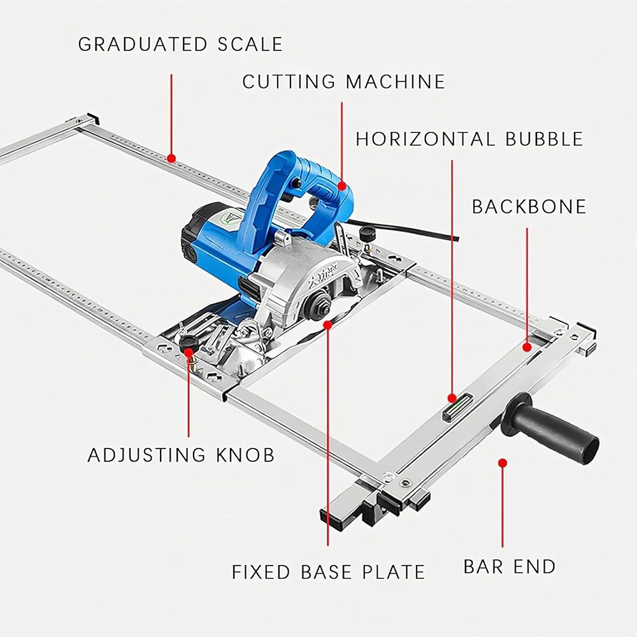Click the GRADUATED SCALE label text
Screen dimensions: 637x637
(180, 44)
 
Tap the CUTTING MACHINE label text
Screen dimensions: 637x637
(343, 82)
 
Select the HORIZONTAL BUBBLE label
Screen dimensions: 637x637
(469, 139)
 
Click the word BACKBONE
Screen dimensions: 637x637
(529, 206)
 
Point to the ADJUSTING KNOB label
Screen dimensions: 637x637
(181, 455)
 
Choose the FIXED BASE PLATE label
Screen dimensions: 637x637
(328, 571)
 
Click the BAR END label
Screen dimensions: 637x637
(510, 566)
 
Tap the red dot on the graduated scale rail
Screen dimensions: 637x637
(171, 157)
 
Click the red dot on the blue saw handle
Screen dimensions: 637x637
(342, 187)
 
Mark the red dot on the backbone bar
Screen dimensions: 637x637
(526, 347)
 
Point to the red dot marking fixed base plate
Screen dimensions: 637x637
(328, 324)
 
